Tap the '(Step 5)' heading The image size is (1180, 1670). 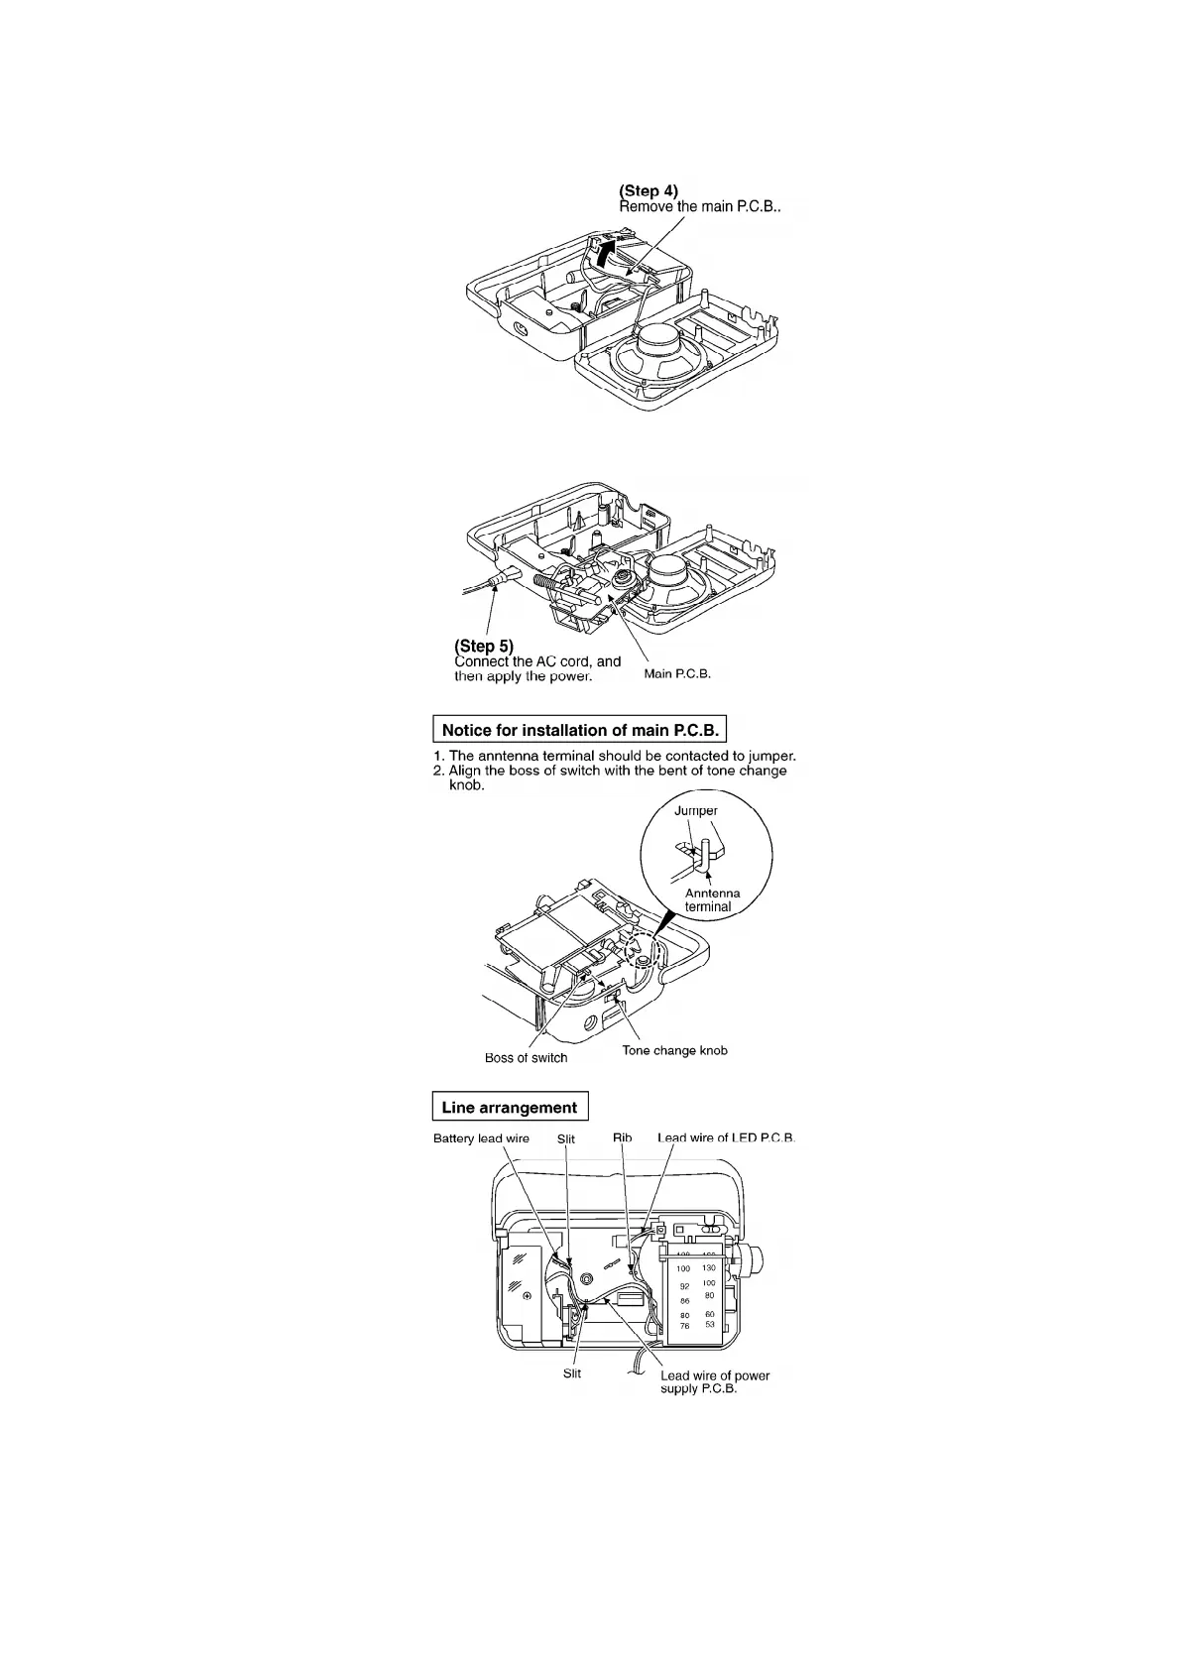tap(484, 647)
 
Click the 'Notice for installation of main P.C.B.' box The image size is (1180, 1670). tap(580, 730)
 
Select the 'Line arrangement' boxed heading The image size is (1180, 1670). tap(510, 1108)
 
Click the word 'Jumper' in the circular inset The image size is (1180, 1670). tap(696, 810)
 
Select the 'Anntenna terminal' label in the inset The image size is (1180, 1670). tap(712, 899)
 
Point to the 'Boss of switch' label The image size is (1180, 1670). tap(526, 1058)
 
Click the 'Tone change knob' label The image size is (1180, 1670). tap(674, 1050)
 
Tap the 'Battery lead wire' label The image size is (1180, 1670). tap(481, 1138)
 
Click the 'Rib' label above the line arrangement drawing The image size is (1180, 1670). tap(622, 1137)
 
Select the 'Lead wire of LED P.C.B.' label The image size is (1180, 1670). tap(726, 1137)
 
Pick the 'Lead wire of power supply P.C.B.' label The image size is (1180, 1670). tap(714, 1381)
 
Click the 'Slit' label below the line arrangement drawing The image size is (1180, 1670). tap(571, 1373)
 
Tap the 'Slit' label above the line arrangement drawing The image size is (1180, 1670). tap(565, 1138)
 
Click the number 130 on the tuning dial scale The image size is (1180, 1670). tap(709, 1268)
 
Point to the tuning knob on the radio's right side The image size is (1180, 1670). tap(761, 1261)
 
